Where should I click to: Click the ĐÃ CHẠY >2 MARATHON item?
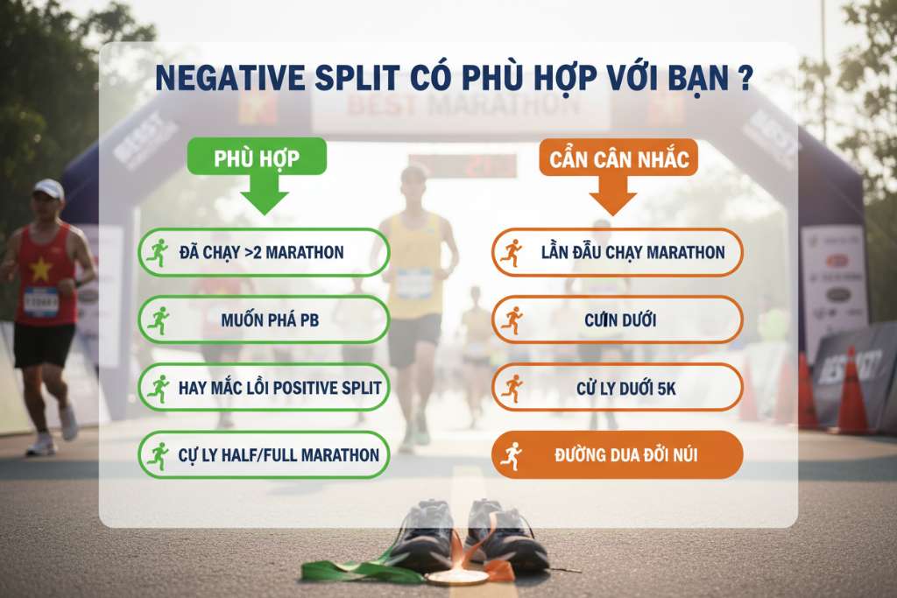pos(264,252)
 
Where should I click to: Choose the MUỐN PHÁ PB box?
pos(264,320)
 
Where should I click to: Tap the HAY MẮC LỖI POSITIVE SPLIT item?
pos(264,387)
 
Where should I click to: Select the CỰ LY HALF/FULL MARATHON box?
pos(264,454)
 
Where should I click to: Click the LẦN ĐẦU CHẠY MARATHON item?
pos(617,252)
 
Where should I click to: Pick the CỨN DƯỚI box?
pos(617,320)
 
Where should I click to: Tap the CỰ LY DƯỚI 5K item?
pos(617,387)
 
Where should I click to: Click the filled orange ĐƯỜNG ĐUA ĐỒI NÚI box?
pos(617,454)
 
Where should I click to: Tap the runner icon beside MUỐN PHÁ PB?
pos(159,320)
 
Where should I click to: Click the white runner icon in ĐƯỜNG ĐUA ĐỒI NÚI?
pos(511,455)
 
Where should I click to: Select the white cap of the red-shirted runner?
pos(49,187)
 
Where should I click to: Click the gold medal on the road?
pos(456,576)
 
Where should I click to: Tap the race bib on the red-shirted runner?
pos(41,302)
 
